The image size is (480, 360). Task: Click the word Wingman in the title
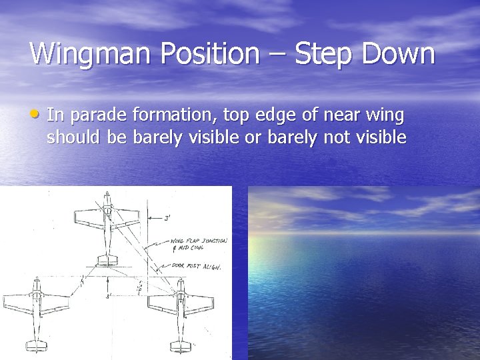coord(83,53)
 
